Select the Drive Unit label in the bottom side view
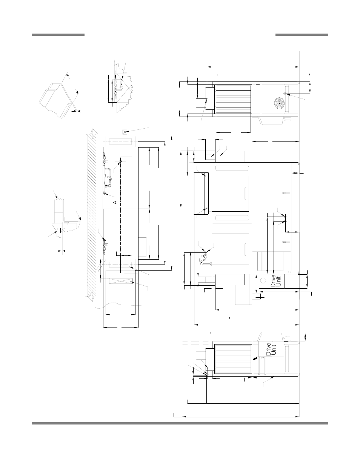click(x=270, y=349)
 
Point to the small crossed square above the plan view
click(x=125, y=131)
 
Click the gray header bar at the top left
click(x=58, y=35)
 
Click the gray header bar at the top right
click(x=302, y=35)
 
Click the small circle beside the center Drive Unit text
click(x=263, y=281)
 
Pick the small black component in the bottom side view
click(x=254, y=358)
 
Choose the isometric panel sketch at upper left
click(x=57, y=97)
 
